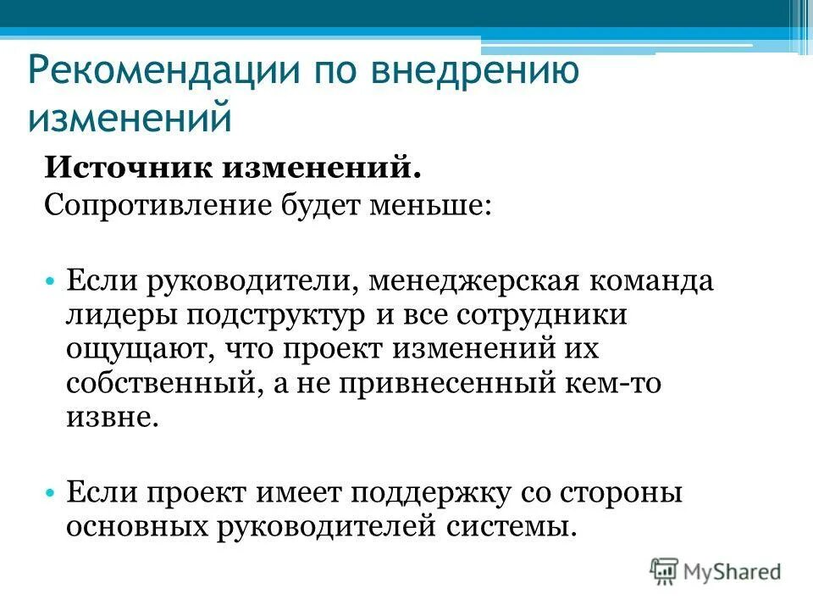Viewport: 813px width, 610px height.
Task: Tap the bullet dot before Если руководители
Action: point(52,280)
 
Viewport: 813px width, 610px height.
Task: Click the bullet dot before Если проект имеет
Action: point(52,491)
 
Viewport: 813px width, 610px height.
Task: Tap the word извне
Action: point(112,419)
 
